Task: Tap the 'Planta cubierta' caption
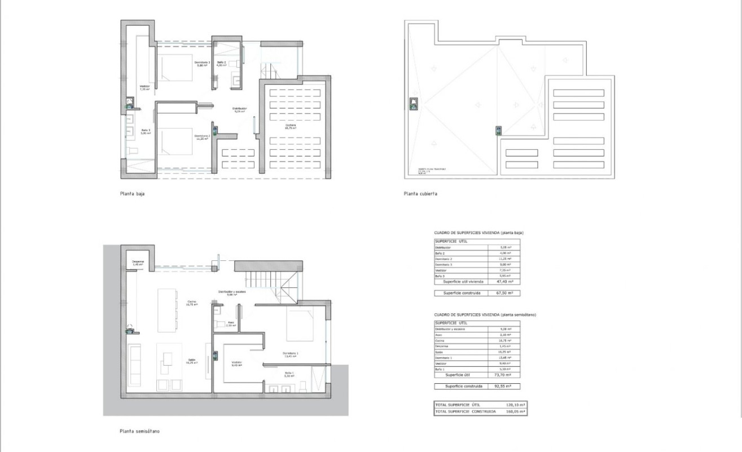tap(420, 193)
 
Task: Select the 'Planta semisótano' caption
tap(139, 431)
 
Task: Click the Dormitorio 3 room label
tap(202, 63)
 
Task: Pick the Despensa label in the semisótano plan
tap(138, 262)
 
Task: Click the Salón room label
tap(192, 361)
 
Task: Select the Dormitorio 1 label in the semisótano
tap(291, 354)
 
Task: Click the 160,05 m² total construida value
tap(514, 411)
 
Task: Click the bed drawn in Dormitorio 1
tap(302, 325)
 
